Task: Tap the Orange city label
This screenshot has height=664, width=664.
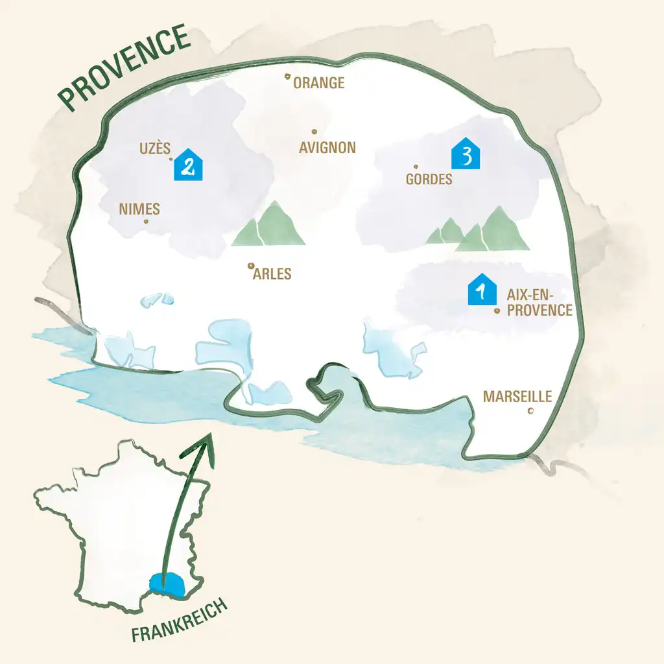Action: pos(318,83)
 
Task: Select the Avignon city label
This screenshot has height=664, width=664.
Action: pos(327,148)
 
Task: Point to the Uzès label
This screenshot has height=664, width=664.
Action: pos(155,148)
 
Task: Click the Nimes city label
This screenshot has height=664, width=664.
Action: pos(139,209)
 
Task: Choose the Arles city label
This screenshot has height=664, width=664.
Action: pos(272,274)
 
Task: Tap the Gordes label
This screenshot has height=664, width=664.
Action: pos(429,179)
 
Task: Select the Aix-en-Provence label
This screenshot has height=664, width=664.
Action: pos(539,303)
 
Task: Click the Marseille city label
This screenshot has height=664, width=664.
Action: pos(517,396)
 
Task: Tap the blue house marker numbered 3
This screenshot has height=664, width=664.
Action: pos(466,154)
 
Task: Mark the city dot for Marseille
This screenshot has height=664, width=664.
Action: pos(531,411)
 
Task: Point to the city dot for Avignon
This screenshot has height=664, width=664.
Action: pos(314,131)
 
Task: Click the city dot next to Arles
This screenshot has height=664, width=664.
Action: pos(250,265)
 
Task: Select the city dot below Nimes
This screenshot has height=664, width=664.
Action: pos(145,222)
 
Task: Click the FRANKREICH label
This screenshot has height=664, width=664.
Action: pos(180,621)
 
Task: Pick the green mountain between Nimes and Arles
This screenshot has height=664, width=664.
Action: pos(268,226)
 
